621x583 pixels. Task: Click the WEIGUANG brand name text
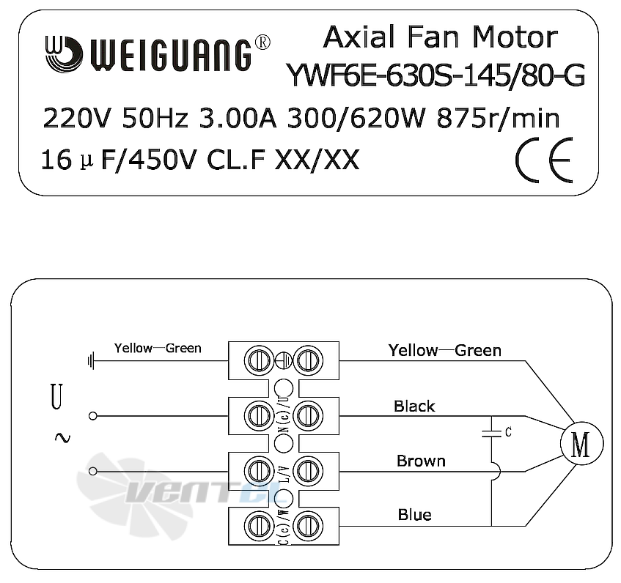(x=169, y=54)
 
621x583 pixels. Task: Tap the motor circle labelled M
(x=580, y=444)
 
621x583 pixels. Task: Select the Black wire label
(x=414, y=406)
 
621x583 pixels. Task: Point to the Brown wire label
(x=421, y=461)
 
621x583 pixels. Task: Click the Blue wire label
(x=414, y=515)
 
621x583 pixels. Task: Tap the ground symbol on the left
(x=91, y=360)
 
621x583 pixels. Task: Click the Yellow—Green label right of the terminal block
(x=444, y=350)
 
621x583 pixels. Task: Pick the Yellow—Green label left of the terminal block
(x=157, y=348)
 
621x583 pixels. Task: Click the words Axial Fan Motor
(x=441, y=37)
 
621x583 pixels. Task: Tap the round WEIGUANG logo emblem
(x=62, y=53)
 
